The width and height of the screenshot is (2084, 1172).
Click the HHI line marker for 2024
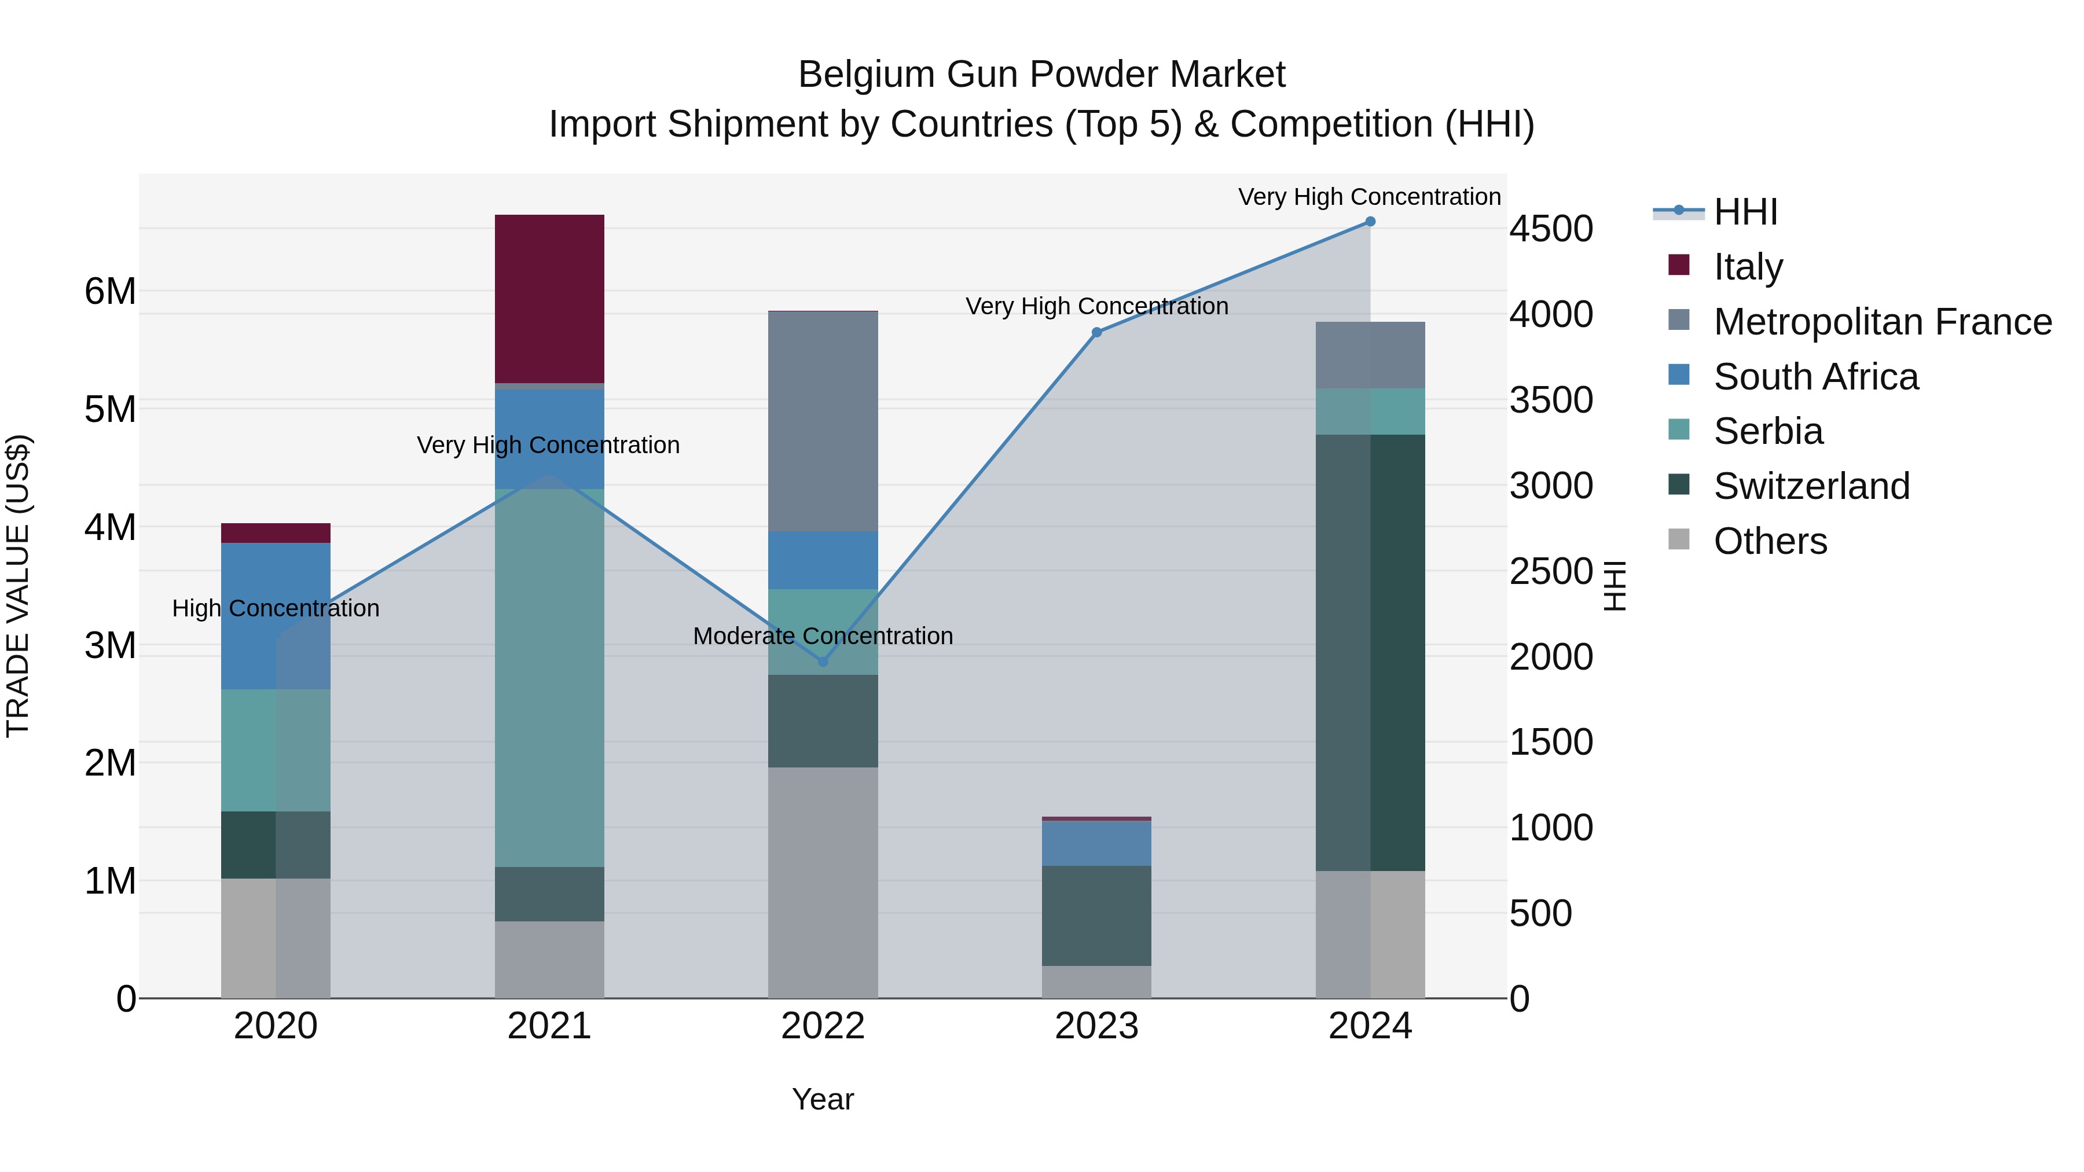(1370, 222)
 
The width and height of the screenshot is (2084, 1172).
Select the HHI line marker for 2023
(1096, 332)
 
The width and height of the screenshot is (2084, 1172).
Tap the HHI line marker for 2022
(823, 662)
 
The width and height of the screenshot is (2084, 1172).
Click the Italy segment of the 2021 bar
(549, 299)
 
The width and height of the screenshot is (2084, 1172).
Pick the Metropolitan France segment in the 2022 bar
(823, 421)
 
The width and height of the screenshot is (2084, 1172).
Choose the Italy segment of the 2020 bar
(276, 533)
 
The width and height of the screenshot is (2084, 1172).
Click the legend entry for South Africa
(1815, 377)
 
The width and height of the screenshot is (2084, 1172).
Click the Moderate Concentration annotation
(823, 635)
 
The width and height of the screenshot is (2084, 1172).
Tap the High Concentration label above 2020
(276, 608)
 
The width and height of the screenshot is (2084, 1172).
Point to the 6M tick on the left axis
(111, 291)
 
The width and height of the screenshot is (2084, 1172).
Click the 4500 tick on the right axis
(1551, 229)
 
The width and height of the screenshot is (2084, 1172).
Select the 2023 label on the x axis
(1096, 1026)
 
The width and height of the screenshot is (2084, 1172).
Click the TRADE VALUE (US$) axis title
(18, 586)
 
